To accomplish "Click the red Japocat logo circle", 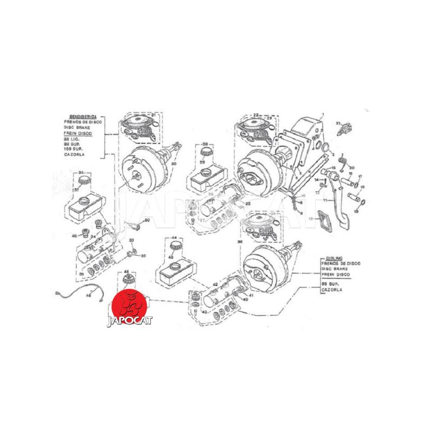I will click(129, 304).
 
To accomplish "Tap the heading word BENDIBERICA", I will click(77, 117).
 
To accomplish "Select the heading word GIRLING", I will click(331, 259).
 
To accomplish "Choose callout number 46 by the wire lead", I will click(89, 296).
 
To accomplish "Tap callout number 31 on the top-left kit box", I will click(153, 115).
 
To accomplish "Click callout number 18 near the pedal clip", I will click(356, 212).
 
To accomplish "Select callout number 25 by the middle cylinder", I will click(248, 204).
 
